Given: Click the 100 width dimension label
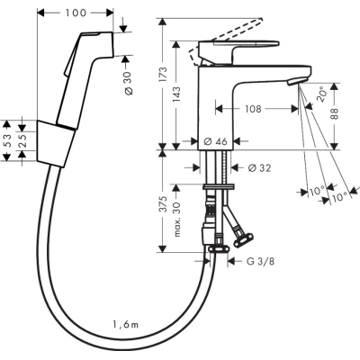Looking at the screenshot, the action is [75, 13].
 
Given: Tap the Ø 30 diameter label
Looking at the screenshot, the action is [128, 83].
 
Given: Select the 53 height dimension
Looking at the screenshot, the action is [8, 140].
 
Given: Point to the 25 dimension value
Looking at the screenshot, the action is [22, 140].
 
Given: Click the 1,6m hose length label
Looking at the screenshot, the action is [126, 324].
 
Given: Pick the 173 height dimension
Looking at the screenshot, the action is [163, 75].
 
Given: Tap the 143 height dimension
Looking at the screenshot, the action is [176, 94].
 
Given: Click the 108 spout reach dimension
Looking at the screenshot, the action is [253, 109].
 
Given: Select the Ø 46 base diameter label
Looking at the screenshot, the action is [215, 141].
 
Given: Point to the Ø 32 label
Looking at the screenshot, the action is [259, 168].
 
